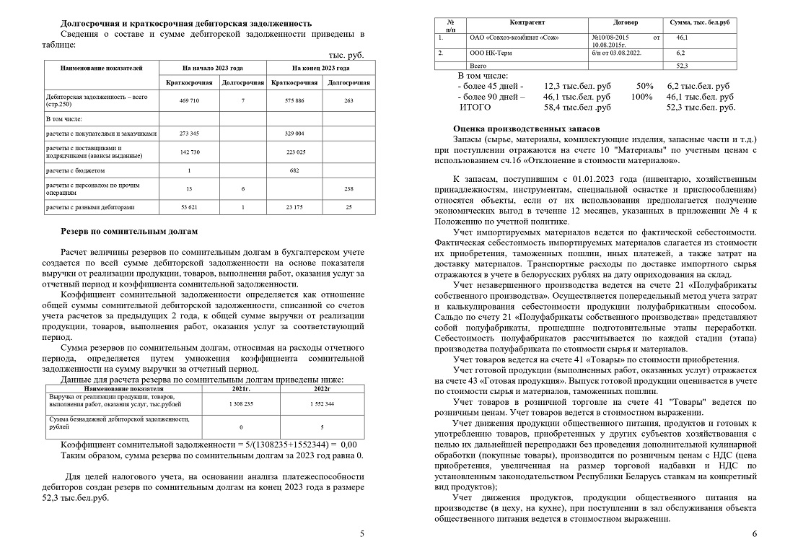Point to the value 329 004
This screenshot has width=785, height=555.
[x=294, y=134]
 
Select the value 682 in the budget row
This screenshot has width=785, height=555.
[x=294, y=170]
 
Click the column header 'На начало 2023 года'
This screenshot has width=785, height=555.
[x=214, y=68]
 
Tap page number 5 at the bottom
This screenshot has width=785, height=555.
[x=362, y=534]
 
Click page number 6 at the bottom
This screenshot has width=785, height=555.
[x=754, y=534]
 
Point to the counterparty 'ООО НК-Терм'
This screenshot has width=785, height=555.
[x=494, y=53]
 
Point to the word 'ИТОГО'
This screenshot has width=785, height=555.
[x=475, y=108]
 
